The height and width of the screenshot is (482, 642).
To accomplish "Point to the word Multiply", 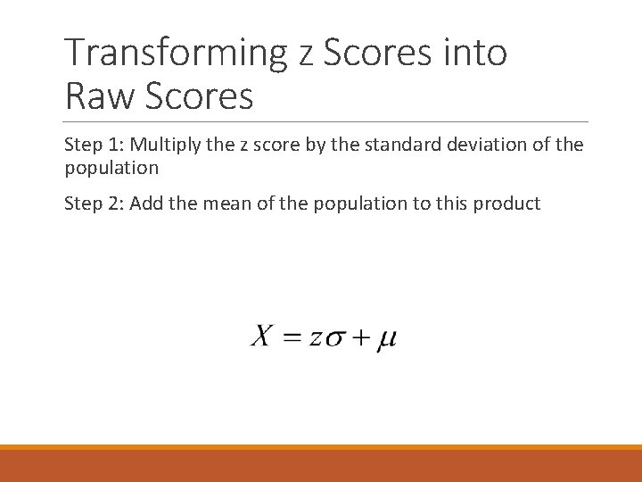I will tap(164, 145).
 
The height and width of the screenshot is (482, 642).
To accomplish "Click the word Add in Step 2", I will tap(148, 204).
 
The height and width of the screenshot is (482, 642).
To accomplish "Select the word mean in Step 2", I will tap(225, 204).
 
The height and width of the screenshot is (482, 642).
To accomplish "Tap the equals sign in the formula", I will tap(290, 338).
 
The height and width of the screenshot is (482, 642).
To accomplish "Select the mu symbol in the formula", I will tap(386, 340).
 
